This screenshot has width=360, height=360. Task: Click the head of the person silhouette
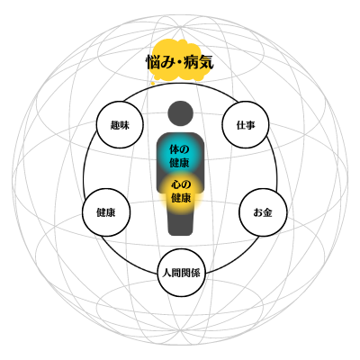(180, 113)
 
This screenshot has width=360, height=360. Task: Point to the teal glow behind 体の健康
(180, 156)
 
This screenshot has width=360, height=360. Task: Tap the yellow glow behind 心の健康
(181, 192)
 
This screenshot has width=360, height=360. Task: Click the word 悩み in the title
(158, 63)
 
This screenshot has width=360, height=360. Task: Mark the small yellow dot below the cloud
(153, 84)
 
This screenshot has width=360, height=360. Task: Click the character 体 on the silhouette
(175, 149)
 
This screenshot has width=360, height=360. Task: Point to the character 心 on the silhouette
(176, 184)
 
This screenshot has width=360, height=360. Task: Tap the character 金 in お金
(267, 212)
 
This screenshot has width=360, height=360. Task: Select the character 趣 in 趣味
(115, 125)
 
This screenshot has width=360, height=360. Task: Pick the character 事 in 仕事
(250, 125)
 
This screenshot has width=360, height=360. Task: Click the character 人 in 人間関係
(166, 273)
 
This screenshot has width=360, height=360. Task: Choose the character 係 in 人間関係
(195, 273)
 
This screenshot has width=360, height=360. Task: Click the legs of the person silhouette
(180, 223)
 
